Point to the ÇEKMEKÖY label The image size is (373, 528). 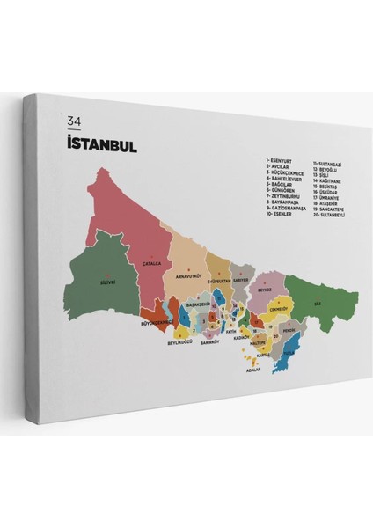click(280, 309)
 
